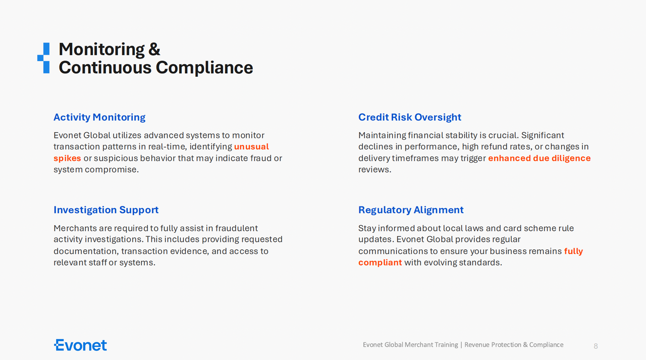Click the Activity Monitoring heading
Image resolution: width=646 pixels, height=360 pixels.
[x=99, y=118]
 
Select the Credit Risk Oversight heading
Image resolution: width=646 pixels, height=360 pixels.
[x=410, y=117]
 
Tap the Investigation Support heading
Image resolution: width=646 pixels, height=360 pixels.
[x=106, y=210]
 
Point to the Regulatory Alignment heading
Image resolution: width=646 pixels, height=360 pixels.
[x=411, y=210]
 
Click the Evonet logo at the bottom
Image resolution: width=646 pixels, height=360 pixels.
[x=80, y=345]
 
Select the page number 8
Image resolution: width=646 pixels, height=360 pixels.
[x=596, y=346]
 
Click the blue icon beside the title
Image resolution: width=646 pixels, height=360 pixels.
[x=43, y=58]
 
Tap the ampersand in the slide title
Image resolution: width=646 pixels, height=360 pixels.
[x=154, y=49]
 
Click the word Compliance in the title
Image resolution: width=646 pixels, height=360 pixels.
[x=204, y=68]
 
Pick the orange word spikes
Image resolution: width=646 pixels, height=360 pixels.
[x=67, y=159]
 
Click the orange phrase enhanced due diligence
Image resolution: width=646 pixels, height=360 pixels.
[x=540, y=158]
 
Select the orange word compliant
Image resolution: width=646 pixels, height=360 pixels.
[x=380, y=263]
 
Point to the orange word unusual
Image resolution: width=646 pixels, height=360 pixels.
[x=251, y=147]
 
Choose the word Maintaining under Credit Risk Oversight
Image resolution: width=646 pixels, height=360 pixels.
[x=382, y=136]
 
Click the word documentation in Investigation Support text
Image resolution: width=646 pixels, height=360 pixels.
[x=86, y=251]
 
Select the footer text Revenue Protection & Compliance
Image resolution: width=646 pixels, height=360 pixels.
[x=514, y=345]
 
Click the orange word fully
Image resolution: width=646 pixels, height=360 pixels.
[x=574, y=251]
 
